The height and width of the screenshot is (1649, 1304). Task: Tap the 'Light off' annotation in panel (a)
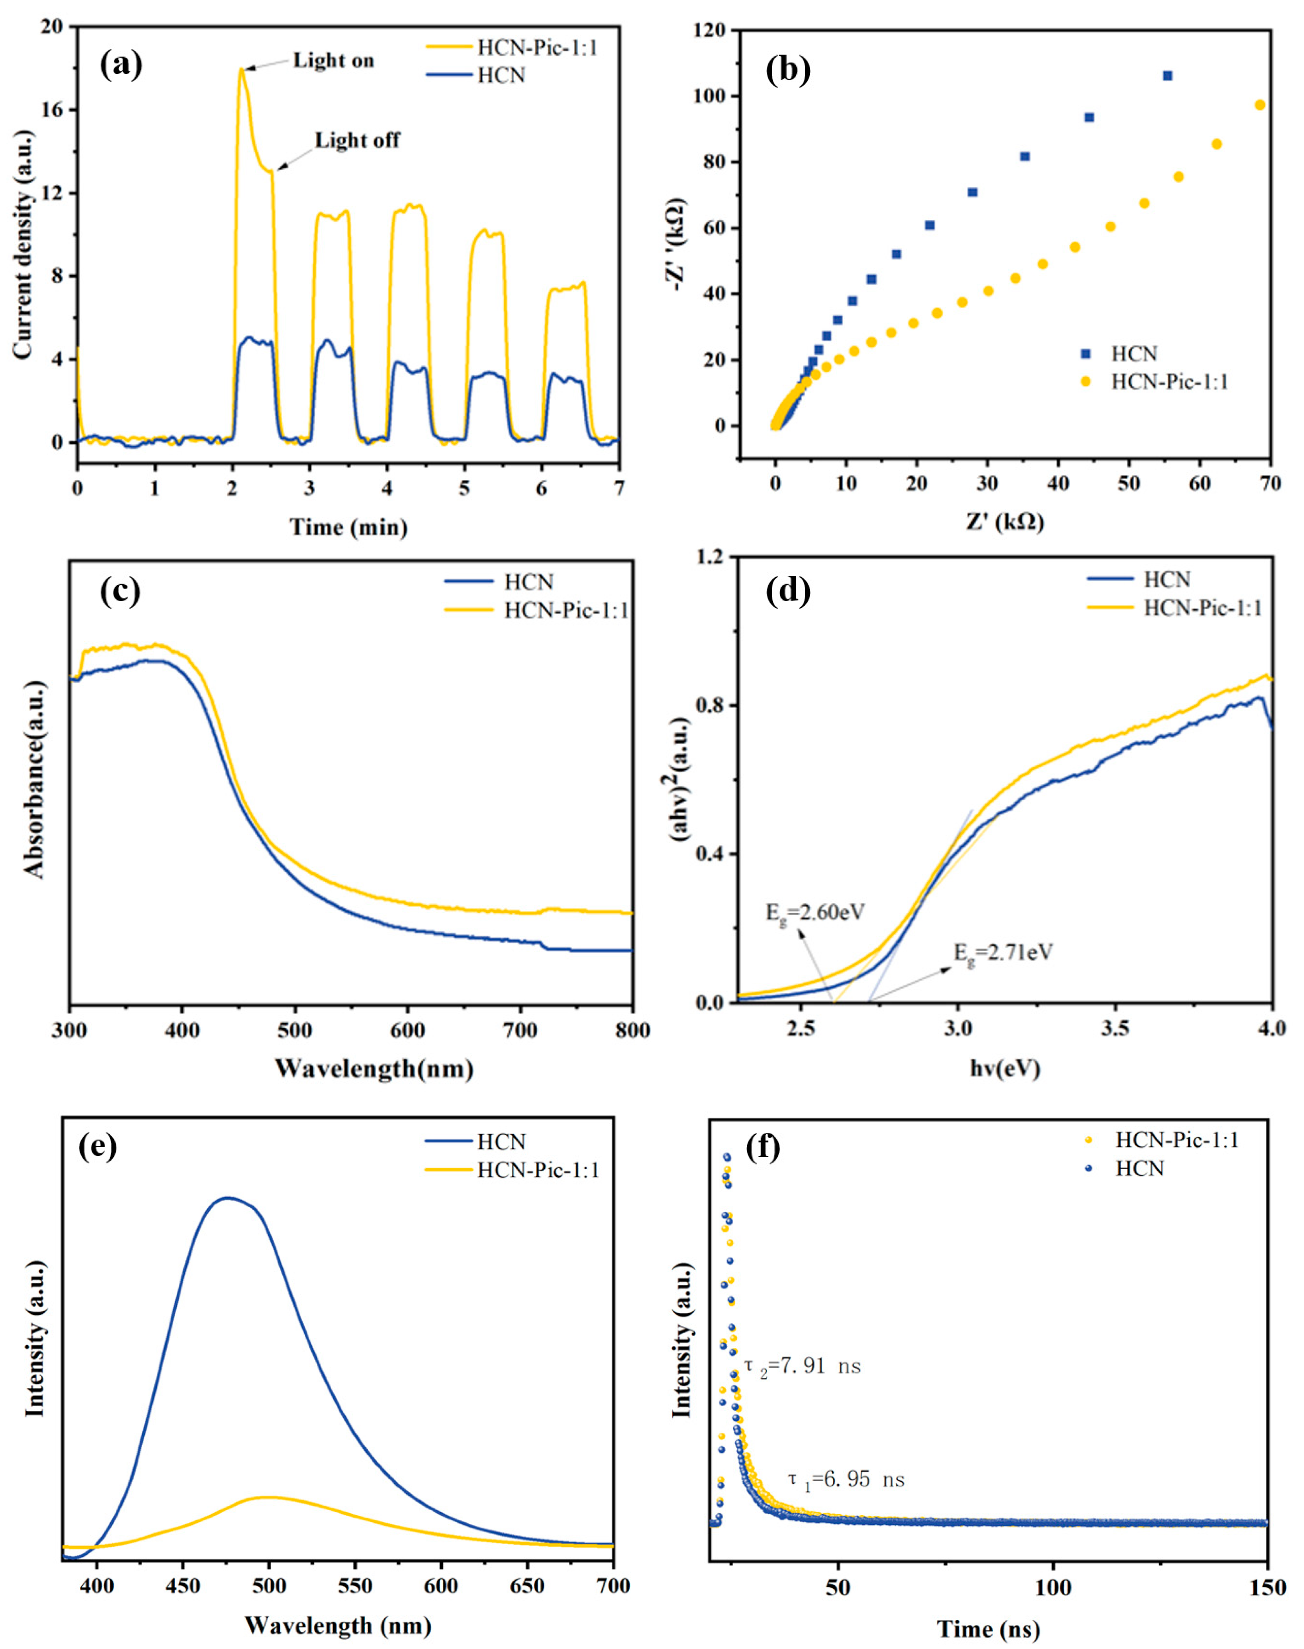[357, 140]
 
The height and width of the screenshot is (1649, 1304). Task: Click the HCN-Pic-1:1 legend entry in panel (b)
[1169, 382]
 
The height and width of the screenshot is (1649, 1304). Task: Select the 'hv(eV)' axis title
[1005, 1068]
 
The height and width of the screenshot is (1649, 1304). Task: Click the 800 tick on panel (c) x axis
[632, 1031]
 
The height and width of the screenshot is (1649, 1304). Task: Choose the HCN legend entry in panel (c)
[528, 582]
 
